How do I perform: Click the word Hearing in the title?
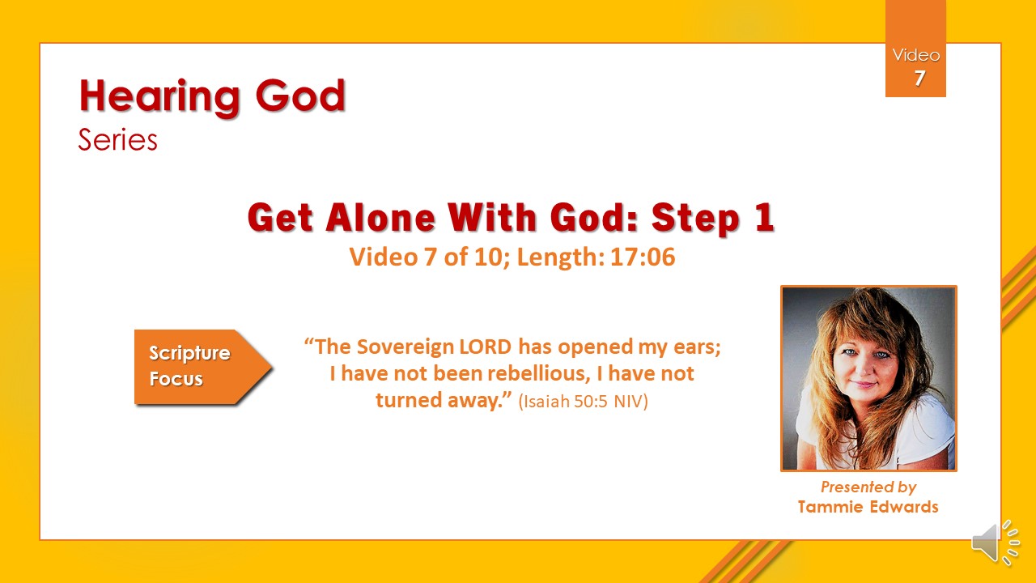[159, 97]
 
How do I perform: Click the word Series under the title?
[118, 140]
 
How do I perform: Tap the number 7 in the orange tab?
[919, 79]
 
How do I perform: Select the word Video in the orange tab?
[915, 56]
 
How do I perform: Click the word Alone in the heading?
[380, 218]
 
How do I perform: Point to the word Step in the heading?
[695, 219]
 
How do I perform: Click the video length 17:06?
[643, 257]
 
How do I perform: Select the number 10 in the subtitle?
[488, 257]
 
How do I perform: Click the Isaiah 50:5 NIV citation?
[584, 401]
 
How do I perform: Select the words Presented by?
[868, 487]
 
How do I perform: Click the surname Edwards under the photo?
[904, 507]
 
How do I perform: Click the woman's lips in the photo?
[863, 384]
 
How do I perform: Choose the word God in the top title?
[300, 96]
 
